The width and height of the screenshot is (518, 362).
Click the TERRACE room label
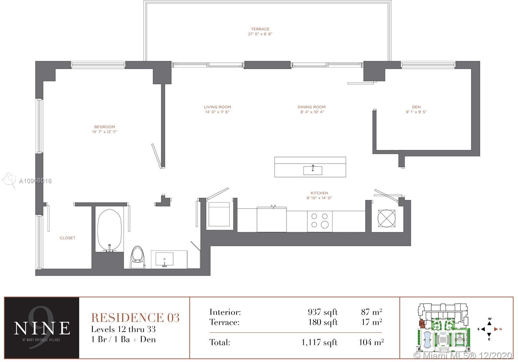(x=260, y=29)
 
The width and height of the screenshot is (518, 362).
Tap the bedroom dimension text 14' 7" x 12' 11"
(x=105, y=132)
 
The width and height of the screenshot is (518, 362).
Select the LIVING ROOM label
(x=217, y=107)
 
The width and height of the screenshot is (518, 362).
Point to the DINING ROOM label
(x=311, y=107)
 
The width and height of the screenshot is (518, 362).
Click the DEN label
(x=416, y=107)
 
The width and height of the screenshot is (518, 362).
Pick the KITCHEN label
(x=319, y=193)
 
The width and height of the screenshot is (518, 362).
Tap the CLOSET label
(x=68, y=238)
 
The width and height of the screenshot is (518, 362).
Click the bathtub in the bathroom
(x=109, y=230)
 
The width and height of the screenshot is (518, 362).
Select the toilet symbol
(x=138, y=257)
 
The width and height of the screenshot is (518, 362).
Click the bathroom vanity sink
(x=164, y=259)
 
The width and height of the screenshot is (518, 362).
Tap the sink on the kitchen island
(x=313, y=170)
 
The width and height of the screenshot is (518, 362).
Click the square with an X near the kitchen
(x=387, y=218)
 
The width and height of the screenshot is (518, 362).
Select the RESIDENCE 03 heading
(x=135, y=318)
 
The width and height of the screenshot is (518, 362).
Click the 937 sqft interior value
(x=322, y=312)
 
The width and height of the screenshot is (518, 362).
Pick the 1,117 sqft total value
(x=319, y=342)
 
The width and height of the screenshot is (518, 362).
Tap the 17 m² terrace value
(x=371, y=322)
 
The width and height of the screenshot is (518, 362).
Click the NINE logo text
(x=42, y=328)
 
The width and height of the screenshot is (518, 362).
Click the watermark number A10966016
(x=35, y=181)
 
